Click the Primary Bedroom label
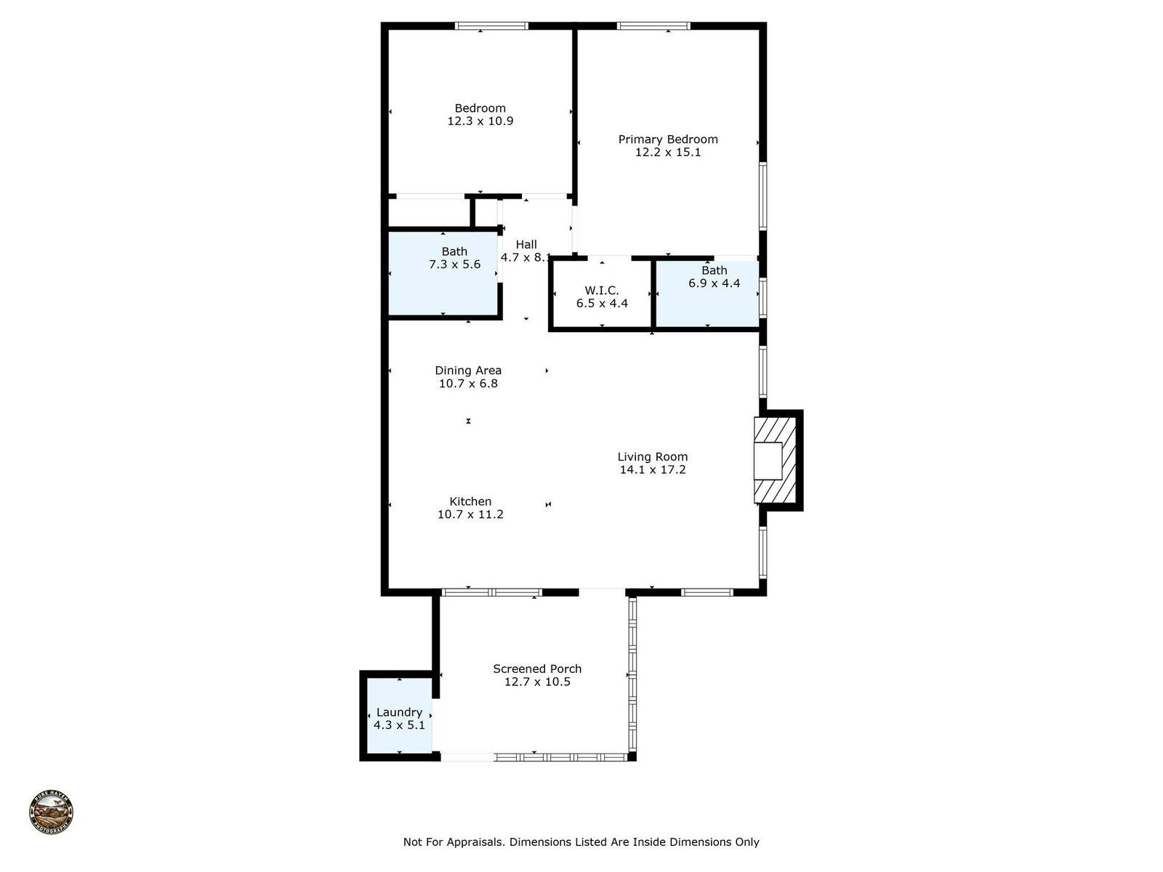coord(667,140)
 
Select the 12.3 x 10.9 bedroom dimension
coord(480,121)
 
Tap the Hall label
coord(526,244)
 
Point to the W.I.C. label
coord(602,290)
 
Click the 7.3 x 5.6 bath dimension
coord(454,265)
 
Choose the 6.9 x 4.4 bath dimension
coord(715,283)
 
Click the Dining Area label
coord(468,371)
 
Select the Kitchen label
coord(470,501)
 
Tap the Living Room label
coord(653,456)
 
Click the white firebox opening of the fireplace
coord(768,461)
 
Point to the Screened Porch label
coord(537,669)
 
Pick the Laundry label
coord(400,713)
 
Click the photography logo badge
coord(51,812)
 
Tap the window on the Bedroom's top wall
coord(491,26)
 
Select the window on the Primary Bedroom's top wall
coord(653,26)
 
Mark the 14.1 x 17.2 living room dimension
coord(653,469)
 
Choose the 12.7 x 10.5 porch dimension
coord(537,682)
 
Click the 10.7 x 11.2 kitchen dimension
coord(470,514)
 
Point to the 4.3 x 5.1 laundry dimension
coord(400,725)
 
